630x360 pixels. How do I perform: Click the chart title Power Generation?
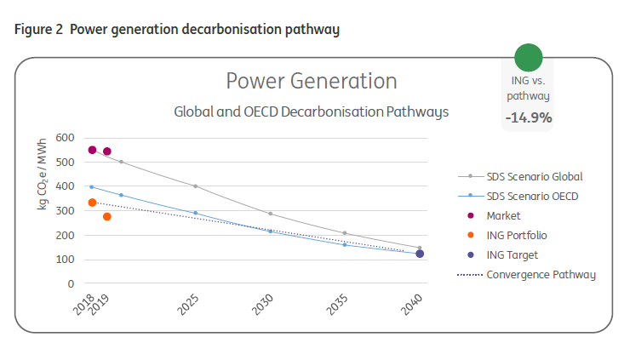point(311,81)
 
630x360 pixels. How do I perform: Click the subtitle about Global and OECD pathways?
point(311,111)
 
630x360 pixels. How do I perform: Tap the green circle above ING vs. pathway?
point(528,57)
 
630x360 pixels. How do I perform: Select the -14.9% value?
point(528,117)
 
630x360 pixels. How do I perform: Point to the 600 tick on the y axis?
point(66,138)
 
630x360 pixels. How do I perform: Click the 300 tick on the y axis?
point(66,211)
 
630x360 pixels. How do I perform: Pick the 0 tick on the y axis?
point(72,284)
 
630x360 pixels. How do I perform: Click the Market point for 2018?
point(92,150)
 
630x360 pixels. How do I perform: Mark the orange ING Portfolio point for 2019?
point(106,216)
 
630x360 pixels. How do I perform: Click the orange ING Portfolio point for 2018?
point(92,203)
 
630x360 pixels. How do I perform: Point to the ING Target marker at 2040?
point(420,254)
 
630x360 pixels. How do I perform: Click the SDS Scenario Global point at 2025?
point(195,186)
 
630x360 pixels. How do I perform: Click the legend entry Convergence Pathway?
point(540,274)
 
